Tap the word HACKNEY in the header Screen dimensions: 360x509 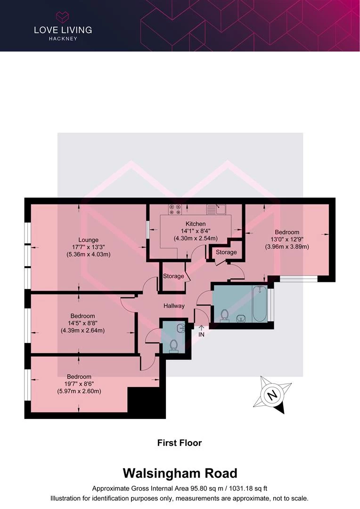[63, 39]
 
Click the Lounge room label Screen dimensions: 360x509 [88, 240]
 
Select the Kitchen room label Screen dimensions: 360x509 [196, 224]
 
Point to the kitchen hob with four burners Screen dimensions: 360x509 [175, 209]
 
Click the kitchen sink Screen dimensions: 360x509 [216, 209]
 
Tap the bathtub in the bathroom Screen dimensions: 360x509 [260, 304]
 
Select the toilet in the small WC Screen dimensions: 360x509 [174, 346]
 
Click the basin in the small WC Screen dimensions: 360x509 [181, 328]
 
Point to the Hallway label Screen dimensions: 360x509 [174, 306]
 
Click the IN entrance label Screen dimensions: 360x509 [201, 334]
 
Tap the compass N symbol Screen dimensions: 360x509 [272, 395]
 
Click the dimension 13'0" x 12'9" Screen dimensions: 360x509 [287, 239]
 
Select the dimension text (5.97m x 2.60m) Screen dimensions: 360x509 [79, 391]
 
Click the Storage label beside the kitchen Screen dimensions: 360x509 [226, 252]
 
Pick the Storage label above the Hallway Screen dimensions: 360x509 [173, 276]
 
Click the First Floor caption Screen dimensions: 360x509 [180, 443]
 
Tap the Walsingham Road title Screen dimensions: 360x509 [180, 473]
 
